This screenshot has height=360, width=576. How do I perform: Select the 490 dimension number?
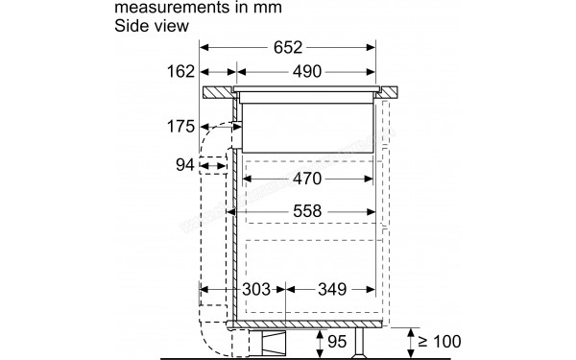(307, 71)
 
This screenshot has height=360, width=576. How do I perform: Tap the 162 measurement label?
(180, 71)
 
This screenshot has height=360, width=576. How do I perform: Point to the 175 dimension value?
(180, 127)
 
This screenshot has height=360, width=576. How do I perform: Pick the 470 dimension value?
(307, 179)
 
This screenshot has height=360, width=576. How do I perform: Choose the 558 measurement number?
(307, 212)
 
